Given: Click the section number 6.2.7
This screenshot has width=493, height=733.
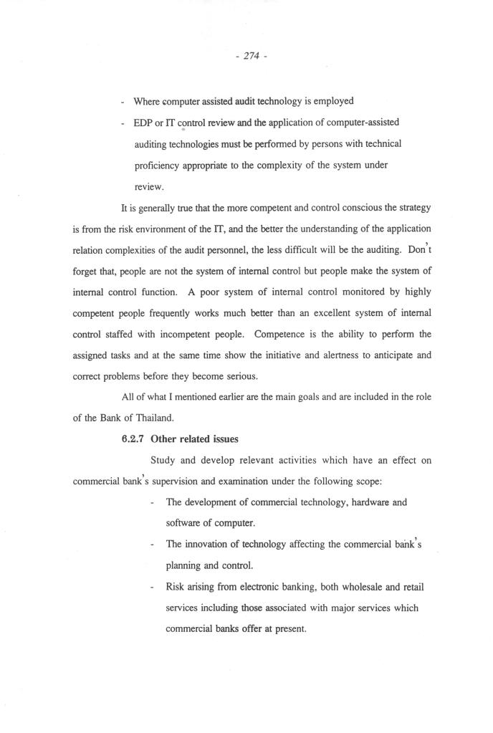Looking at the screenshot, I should point(133,439).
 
